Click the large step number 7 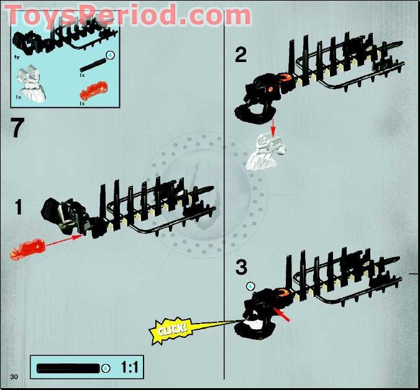[x=17, y=128]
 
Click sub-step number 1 [x=19, y=208]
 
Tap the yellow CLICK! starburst [x=171, y=330]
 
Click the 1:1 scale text [x=130, y=367]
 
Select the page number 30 [x=14, y=377]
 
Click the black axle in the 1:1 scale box [x=68, y=368]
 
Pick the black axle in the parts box [x=93, y=65]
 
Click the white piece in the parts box [x=32, y=84]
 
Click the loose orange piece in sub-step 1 [x=28, y=249]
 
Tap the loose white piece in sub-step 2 [x=266, y=151]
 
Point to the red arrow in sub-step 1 [x=64, y=241]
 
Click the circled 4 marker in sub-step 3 [x=250, y=286]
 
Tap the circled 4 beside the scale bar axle [x=106, y=368]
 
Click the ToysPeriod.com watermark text [x=128, y=15]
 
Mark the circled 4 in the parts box [x=111, y=55]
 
